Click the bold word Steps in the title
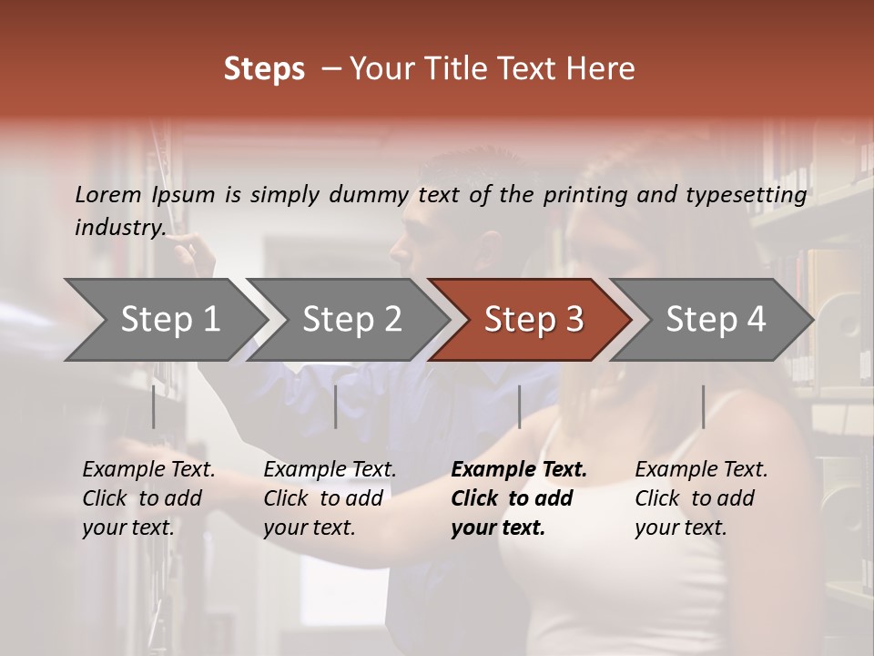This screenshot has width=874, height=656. (264, 69)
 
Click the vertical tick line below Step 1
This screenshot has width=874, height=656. (153, 406)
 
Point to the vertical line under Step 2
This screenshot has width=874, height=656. (336, 406)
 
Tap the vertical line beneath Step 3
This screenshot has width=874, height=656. (519, 406)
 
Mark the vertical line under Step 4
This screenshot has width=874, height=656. (703, 406)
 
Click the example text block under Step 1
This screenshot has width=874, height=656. (148, 498)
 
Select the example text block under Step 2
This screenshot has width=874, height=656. (330, 498)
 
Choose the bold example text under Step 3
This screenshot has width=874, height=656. (519, 498)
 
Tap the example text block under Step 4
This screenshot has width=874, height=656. (701, 498)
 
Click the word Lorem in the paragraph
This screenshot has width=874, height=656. (108, 194)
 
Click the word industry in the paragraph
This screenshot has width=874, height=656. (120, 227)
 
